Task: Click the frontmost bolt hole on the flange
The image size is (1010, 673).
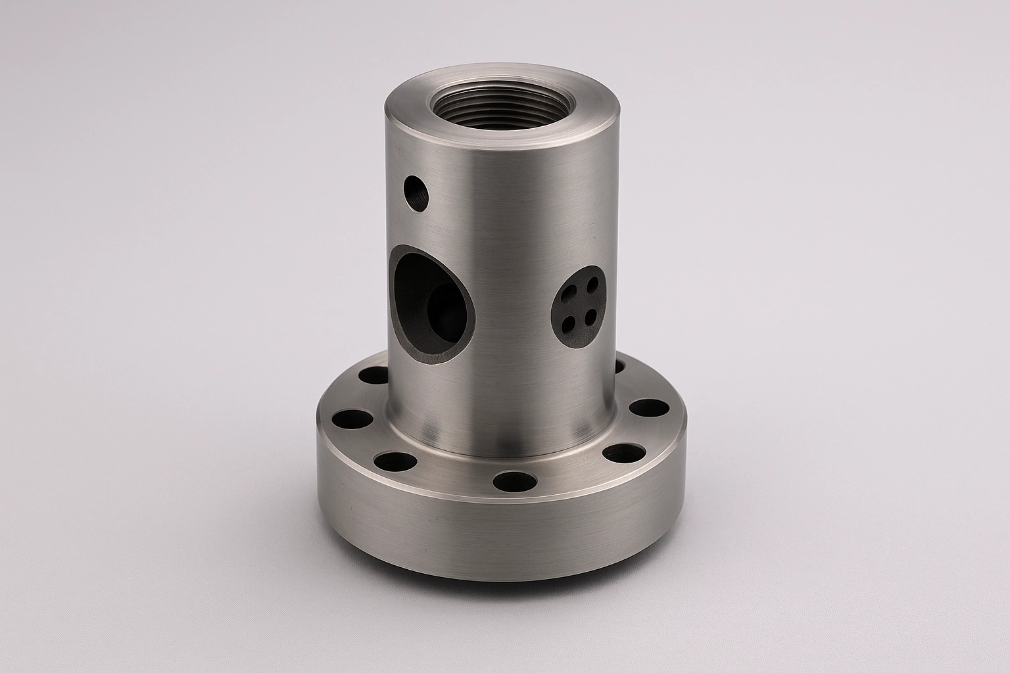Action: (513, 480)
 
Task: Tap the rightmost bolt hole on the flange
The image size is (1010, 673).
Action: (652, 407)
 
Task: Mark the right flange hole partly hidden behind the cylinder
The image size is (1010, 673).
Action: (620, 365)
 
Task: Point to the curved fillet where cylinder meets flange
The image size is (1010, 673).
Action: (500, 444)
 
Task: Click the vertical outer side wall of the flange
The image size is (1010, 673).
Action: (500, 539)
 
